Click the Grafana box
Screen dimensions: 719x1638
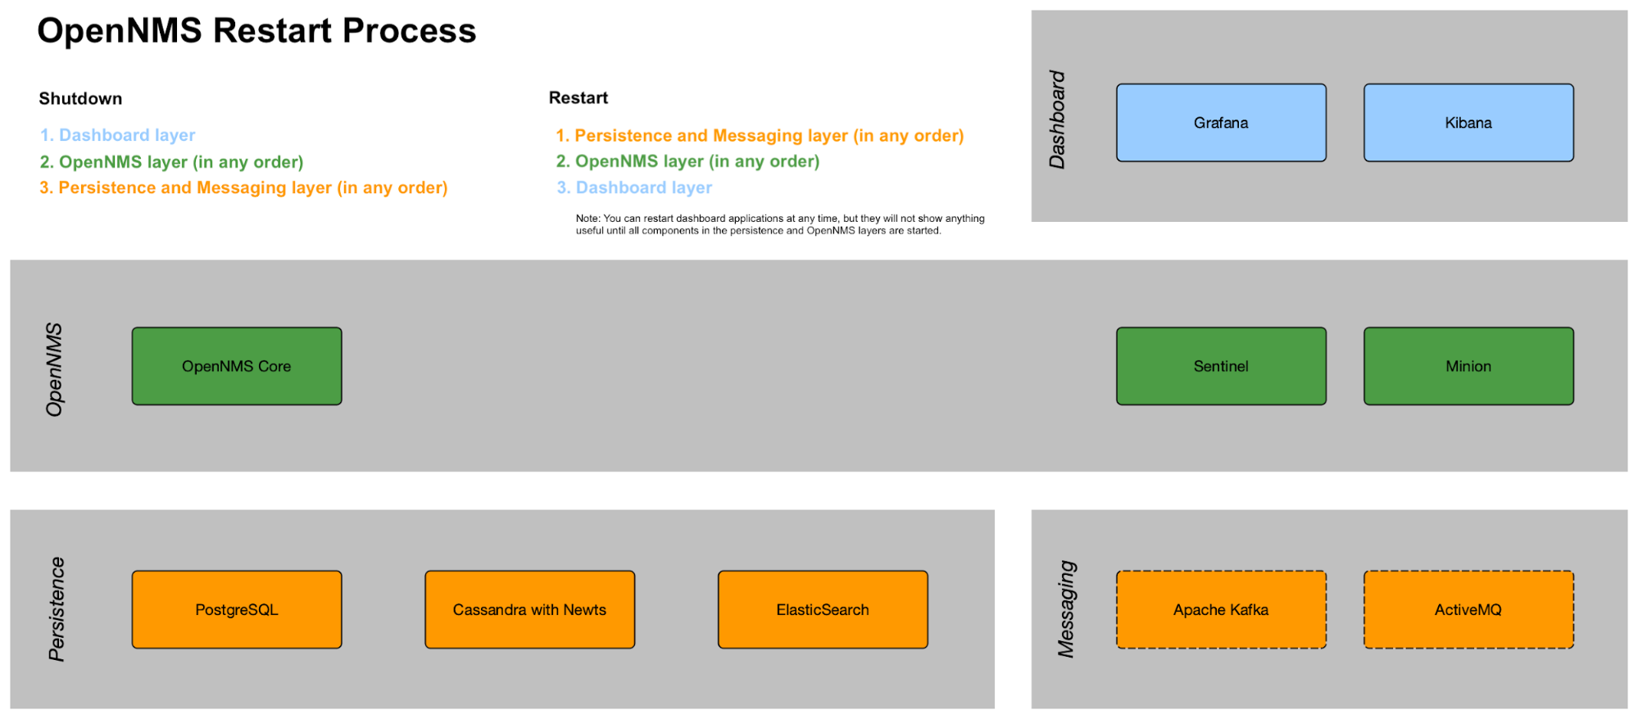pos(1220,123)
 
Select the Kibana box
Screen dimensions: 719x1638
pos(1468,123)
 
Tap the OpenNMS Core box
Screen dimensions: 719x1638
pos(236,366)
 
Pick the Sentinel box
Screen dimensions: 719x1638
pos(1220,366)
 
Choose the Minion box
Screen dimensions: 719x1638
pos(1468,366)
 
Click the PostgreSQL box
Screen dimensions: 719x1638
pos(236,609)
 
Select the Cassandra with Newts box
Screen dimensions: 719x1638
pos(529,609)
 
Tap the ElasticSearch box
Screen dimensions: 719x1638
pos(822,609)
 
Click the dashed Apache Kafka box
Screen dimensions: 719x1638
pos(1220,609)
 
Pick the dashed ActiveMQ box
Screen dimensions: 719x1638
pos(1468,609)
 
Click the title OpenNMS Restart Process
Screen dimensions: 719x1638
pos(256,31)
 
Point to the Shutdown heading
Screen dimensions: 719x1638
pos(80,98)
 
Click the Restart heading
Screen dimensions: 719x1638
pos(578,97)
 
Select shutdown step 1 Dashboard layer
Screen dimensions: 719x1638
pos(118,135)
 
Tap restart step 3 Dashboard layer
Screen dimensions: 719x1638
pos(634,188)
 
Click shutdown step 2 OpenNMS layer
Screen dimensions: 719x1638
pos(172,162)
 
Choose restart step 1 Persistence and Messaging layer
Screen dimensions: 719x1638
pos(760,135)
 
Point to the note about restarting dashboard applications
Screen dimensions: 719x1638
pos(779,224)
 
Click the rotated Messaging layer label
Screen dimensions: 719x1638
pos(1066,608)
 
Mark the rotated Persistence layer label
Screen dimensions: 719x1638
pos(56,608)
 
